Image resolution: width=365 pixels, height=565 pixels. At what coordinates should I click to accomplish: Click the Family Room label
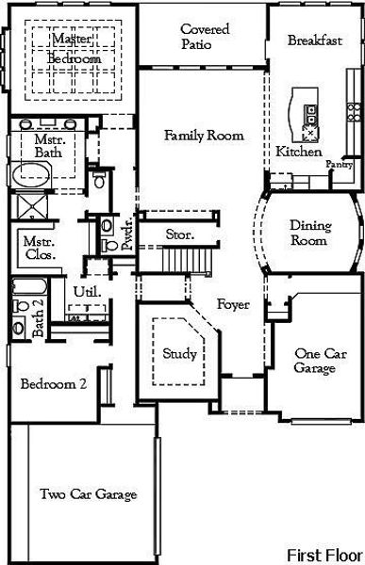(204, 136)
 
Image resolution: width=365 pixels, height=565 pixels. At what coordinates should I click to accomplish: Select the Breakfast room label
(313, 41)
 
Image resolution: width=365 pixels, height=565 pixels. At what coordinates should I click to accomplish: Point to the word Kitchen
(299, 152)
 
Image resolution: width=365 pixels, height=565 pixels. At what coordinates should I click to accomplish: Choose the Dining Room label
(308, 233)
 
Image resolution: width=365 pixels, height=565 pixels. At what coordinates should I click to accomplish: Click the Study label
(179, 354)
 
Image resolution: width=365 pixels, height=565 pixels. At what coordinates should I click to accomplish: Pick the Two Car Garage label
(89, 494)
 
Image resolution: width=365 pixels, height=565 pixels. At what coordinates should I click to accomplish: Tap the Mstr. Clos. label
(39, 249)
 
